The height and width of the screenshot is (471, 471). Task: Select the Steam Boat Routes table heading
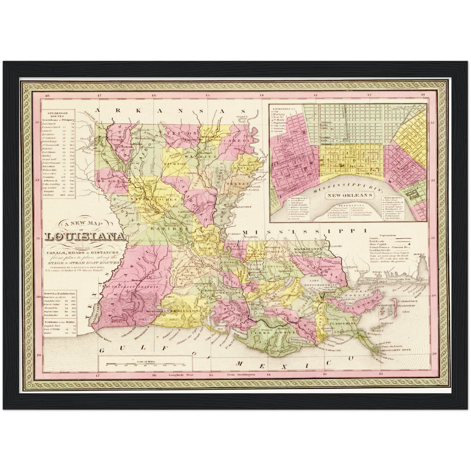coord(57,114)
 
